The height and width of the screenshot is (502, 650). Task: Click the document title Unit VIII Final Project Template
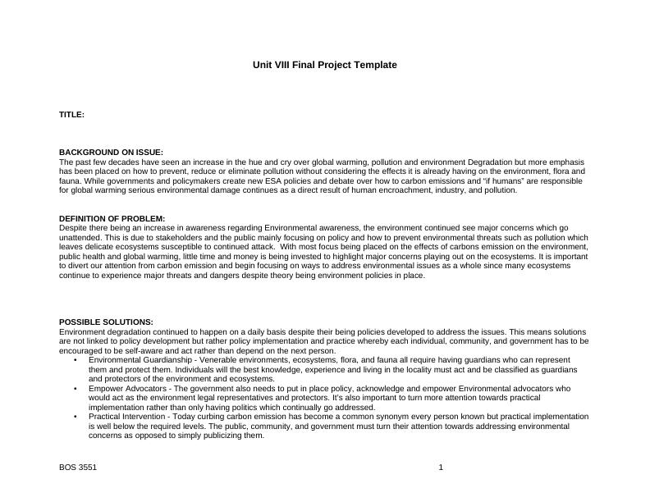[324, 65]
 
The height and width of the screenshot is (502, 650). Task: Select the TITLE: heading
[71, 115]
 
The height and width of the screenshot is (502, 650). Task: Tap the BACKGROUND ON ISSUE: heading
[111, 153]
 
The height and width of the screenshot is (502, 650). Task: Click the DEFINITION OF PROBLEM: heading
[112, 218]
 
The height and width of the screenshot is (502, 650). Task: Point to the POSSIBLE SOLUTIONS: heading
[106, 322]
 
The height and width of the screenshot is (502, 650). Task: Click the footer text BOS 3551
[78, 468]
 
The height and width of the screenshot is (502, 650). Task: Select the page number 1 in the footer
[441, 468]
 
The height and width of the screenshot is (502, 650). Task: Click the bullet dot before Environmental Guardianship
[75, 360]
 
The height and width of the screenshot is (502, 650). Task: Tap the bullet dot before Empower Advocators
[75, 389]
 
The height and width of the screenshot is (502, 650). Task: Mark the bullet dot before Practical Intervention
[75, 417]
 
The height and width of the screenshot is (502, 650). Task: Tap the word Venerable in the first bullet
[217, 360]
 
